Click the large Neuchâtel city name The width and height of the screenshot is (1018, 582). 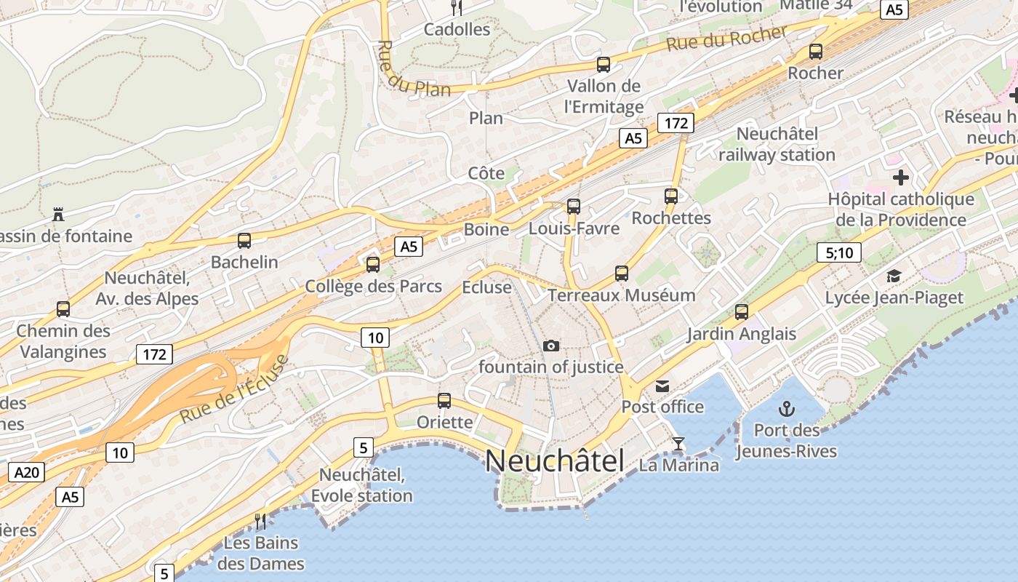pyautogui.click(x=555, y=461)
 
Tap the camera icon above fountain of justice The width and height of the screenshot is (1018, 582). pyautogui.click(x=551, y=346)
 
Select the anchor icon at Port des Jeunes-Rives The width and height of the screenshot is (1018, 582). pyautogui.click(x=786, y=408)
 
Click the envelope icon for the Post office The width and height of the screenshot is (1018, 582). pyautogui.click(x=662, y=386)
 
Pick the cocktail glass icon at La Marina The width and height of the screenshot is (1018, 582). pyautogui.click(x=678, y=443)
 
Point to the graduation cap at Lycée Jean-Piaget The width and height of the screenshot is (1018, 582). pyautogui.click(x=894, y=276)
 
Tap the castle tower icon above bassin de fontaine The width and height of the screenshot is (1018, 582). pyautogui.click(x=58, y=214)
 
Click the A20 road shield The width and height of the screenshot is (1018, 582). pyautogui.click(x=27, y=473)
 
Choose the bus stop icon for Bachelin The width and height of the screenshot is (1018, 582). pyautogui.click(x=244, y=240)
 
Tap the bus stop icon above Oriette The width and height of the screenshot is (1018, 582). pyautogui.click(x=444, y=400)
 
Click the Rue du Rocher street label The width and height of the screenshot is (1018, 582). pyautogui.click(x=726, y=39)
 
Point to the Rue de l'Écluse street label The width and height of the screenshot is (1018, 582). pyautogui.click(x=234, y=389)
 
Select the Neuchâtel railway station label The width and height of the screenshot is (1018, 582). pyautogui.click(x=777, y=144)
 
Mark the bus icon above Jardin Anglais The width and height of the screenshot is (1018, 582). pyautogui.click(x=741, y=312)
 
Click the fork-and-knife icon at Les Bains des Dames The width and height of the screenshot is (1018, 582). pyautogui.click(x=260, y=521)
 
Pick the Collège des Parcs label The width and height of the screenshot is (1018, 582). pyautogui.click(x=373, y=286)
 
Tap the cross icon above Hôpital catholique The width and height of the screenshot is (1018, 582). pyautogui.click(x=901, y=177)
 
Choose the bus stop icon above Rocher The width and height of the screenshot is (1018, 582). pyautogui.click(x=816, y=52)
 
